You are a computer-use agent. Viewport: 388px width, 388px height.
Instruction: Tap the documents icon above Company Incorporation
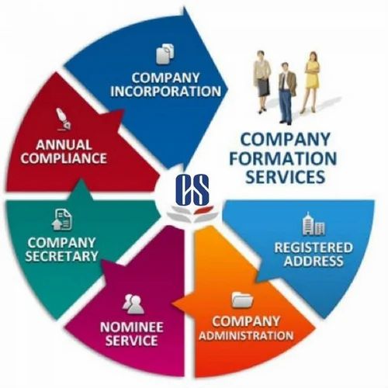coord(165,54)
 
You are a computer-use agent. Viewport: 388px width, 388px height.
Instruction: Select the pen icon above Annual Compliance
coord(63,119)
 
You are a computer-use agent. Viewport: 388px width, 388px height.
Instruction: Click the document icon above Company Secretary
coord(61,220)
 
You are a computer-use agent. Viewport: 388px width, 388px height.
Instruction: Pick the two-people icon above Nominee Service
coord(133,304)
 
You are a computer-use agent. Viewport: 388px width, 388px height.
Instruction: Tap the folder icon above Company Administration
coord(243,300)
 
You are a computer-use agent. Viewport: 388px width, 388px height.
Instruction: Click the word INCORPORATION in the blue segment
coord(165,91)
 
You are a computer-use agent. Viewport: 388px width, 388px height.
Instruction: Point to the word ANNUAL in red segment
coord(64,145)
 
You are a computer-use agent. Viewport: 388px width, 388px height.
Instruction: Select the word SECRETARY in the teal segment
coord(61,256)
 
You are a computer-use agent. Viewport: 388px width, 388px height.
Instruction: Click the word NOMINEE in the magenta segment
coord(131,327)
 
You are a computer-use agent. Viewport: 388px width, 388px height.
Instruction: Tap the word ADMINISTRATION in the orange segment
coord(246,336)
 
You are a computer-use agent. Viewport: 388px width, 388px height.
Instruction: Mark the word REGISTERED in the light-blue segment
coord(314,248)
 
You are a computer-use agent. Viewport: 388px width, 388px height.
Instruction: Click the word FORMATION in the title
coord(283,158)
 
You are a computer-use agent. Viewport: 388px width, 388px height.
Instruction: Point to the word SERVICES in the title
coord(285,177)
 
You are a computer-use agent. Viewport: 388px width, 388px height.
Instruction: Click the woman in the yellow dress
coord(311,81)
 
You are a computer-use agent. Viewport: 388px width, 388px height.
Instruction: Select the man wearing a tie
coord(286,92)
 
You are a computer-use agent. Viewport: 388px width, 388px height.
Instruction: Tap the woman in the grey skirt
coord(262,81)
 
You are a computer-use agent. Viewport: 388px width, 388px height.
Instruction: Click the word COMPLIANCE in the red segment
coord(64,158)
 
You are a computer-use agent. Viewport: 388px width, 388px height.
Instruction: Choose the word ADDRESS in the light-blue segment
coord(314,261)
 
